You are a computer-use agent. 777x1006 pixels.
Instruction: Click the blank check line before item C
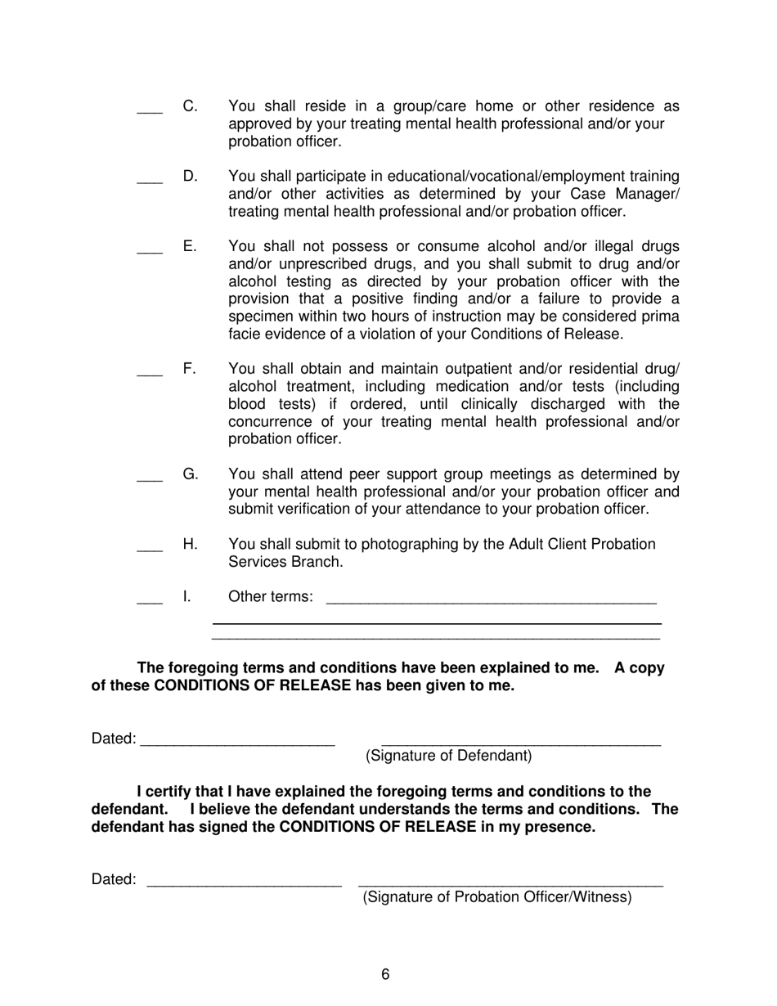pyautogui.click(x=150, y=111)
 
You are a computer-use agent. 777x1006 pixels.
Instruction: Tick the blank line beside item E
pyautogui.click(x=150, y=252)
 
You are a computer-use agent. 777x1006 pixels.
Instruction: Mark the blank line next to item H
pyautogui.click(x=150, y=550)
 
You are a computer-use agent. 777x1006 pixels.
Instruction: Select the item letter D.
pyautogui.click(x=190, y=176)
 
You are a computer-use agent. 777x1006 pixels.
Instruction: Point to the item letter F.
pyautogui.click(x=189, y=369)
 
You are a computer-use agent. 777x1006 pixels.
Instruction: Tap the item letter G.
pyautogui.click(x=190, y=474)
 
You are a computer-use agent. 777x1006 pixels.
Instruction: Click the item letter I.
pyautogui.click(x=186, y=596)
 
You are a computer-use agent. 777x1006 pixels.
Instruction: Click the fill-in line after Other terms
pyautogui.click(x=491, y=600)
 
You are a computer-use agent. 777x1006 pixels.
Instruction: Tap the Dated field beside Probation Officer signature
pyautogui.click(x=243, y=882)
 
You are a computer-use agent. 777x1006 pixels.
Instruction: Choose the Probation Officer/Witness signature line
pyautogui.click(x=510, y=882)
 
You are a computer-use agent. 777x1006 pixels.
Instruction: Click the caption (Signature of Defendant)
pyautogui.click(x=448, y=756)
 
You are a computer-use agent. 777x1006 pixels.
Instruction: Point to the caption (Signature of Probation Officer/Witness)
pyautogui.click(x=497, y=897)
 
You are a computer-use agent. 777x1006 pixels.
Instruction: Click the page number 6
pyautogui.click(x=385, y=974)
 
